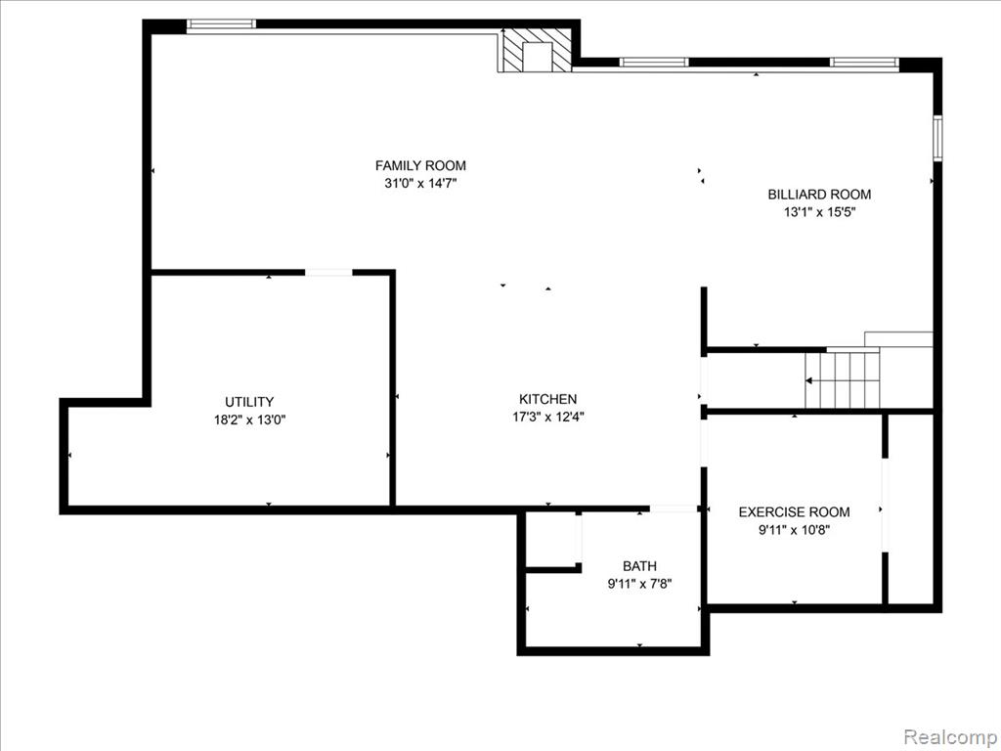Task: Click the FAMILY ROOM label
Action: pyautogui.click(x=420, y=165)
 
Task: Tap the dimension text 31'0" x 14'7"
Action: pyautogui.click(x=420, y=183)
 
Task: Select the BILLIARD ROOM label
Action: pyautogui.click(x=819, y=195)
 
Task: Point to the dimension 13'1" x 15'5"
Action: pyautogui.click(x=819, y=212)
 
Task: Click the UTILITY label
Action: pyautogui.click(x=249, y=402)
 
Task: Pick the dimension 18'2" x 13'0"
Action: pyautogui.click(x=249, y=420)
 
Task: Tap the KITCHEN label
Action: pyautogui.click(x=547, y=399)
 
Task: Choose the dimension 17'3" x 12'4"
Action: pyautogui.click(x=547, y=417)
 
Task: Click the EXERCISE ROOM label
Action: pyautogui.click(x=794, y=511)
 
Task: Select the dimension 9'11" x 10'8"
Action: pyautogui.click(x=794, y=529)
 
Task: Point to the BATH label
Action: pyautogui.click(x=639, y=566)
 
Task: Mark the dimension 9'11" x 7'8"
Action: pyautogui.click(x=639, y=583)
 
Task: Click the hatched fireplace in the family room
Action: pyautogui.click(x=535, y=50)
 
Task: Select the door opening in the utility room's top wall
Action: pyautogui.click(x=328, y=273)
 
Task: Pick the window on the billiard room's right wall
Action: pyautogui.click(x=937, y=138)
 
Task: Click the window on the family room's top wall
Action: pyautogui.click(x=222, y=24)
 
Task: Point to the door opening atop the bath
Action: pyautogui.click(x=674, y=508)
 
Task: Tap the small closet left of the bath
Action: pyautogui.click(x=550, y=539)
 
